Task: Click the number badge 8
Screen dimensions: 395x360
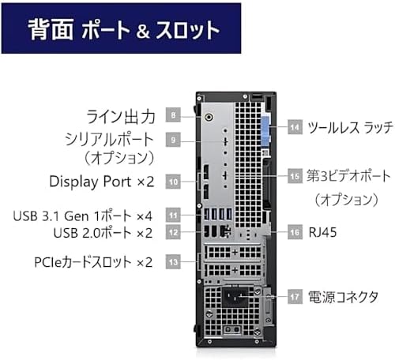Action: (173, 114)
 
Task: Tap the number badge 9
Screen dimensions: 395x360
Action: (173, 140)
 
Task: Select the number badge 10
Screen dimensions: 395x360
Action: (173, 182)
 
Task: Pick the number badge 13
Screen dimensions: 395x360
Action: (173, 261)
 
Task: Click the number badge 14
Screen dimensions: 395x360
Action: (295, 127)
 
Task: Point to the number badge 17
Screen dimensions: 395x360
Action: (295, 297)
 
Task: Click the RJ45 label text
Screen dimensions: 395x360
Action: (323, 232)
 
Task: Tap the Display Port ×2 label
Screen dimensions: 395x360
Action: (102, 182)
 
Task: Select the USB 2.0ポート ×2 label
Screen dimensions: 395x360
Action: (103, 233)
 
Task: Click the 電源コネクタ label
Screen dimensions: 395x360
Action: (343, 297)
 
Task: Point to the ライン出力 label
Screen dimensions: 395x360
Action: (121, 117)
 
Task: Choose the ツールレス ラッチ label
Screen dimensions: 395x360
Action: (350, 127)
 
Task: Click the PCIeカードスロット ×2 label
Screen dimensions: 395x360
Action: (93, 262)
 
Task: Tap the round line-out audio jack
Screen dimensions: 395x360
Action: (209, 117)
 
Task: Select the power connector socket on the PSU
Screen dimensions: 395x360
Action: (235, 297)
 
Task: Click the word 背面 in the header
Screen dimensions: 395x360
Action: (51, 29)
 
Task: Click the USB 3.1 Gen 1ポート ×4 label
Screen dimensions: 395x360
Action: (83, 216)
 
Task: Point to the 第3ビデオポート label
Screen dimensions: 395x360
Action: (348, 176)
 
